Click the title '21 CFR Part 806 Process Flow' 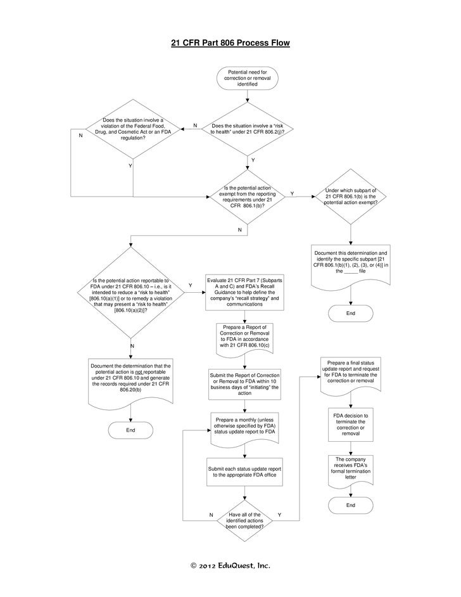pos(230,44)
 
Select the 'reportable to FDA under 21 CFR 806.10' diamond pos(131,295)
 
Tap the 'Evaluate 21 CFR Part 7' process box pos(244,292)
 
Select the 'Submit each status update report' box pos(244,472)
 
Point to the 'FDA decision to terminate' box pos(350,424)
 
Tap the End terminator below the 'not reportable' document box pos(131,430)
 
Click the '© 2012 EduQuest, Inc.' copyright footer pos(231,566)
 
